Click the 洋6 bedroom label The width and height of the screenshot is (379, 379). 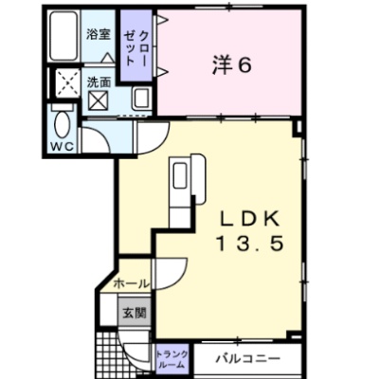click(x=232, y=65)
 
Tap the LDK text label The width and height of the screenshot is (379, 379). click(x=250, y=219)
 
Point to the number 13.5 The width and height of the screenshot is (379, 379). click(x=249, y=244)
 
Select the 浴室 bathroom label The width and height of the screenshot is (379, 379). click(x=99, y=34)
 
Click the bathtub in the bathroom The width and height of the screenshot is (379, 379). click(x=64, y=36)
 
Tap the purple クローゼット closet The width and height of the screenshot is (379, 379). click(x=135, y=45)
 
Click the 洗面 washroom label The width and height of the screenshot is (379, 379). click(x=99, y=82)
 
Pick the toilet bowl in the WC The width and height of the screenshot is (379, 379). click(x=62, y=124)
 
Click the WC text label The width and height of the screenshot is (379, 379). click(x=63, y=146)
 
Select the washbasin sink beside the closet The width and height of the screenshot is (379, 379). click(x=141, y=99)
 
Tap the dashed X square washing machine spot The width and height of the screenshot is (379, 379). click(x=67, y=83)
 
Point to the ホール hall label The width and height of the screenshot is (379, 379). click(x=131, y=284)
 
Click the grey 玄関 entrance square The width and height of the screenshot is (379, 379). click(x=135, y=313)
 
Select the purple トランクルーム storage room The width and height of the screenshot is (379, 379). click(x=171, y=360)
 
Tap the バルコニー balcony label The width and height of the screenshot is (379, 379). click(x=248, y=358)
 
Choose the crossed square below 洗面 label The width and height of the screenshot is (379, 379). click(x=98, y=100)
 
